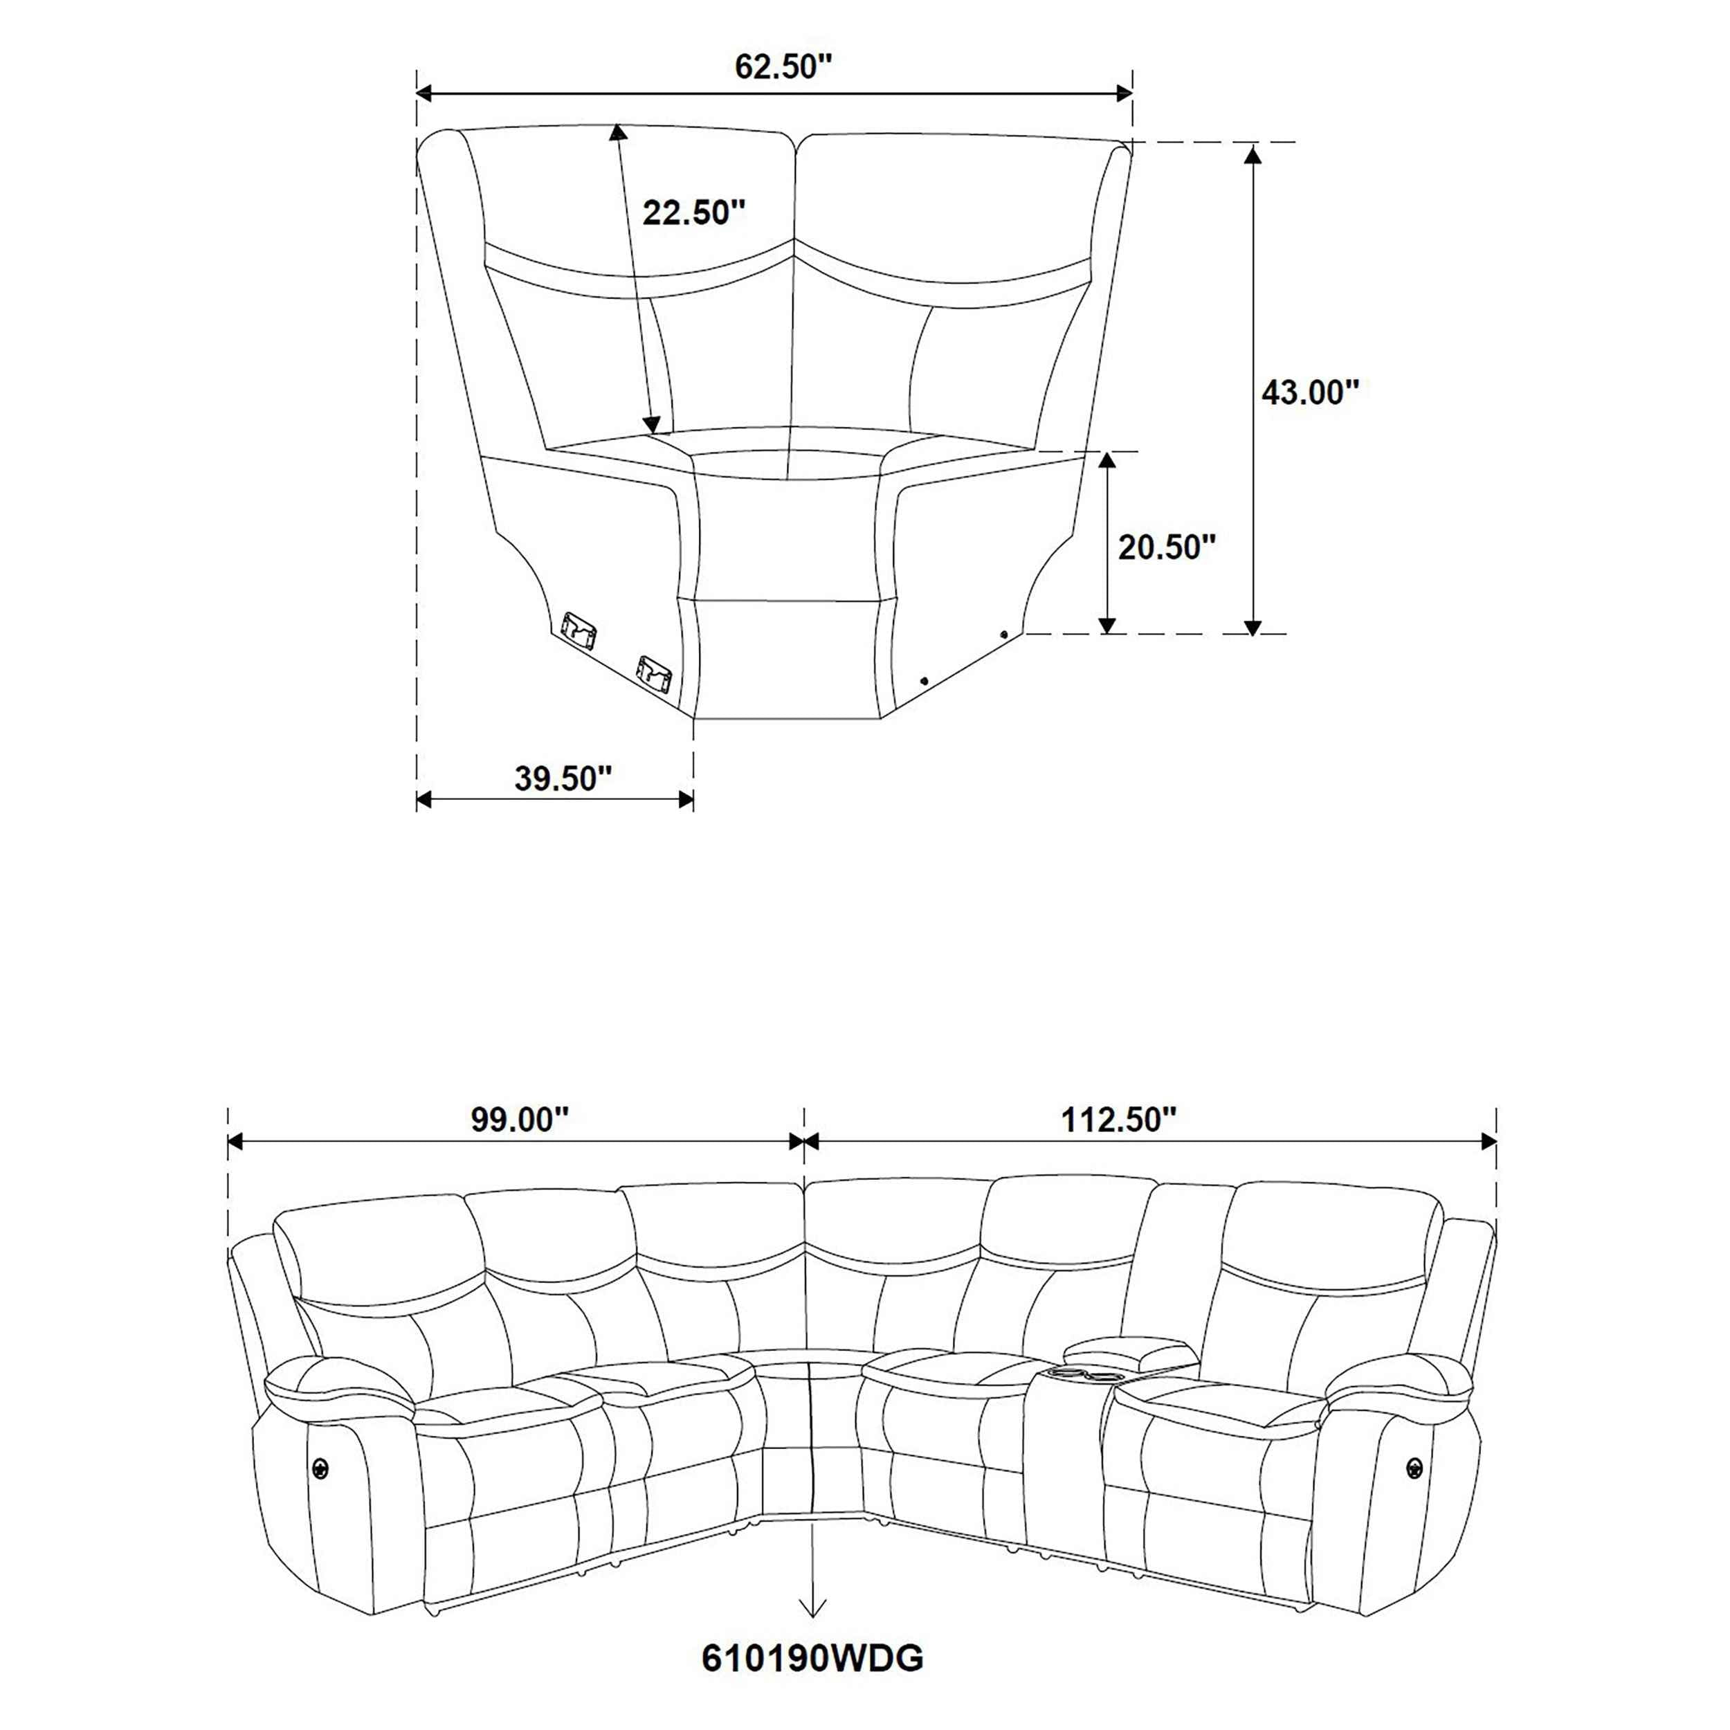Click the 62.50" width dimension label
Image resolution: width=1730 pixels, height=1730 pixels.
click(x=783, y=67)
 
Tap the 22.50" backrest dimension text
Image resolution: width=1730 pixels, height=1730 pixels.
click(x=694, y=213)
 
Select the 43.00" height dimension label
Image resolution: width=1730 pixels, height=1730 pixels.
click(x=1310, y=392)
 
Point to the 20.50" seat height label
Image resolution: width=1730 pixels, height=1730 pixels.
click(x=1167, y=547)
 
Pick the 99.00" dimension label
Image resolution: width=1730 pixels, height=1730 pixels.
click(x=520, y=1119)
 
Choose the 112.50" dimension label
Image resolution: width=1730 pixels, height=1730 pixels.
click(x=1118, y=1119)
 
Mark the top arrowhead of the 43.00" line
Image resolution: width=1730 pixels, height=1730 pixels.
click(x=1253, y=154)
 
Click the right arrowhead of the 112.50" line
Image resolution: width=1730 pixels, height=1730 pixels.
click(x=1488, y=1142)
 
